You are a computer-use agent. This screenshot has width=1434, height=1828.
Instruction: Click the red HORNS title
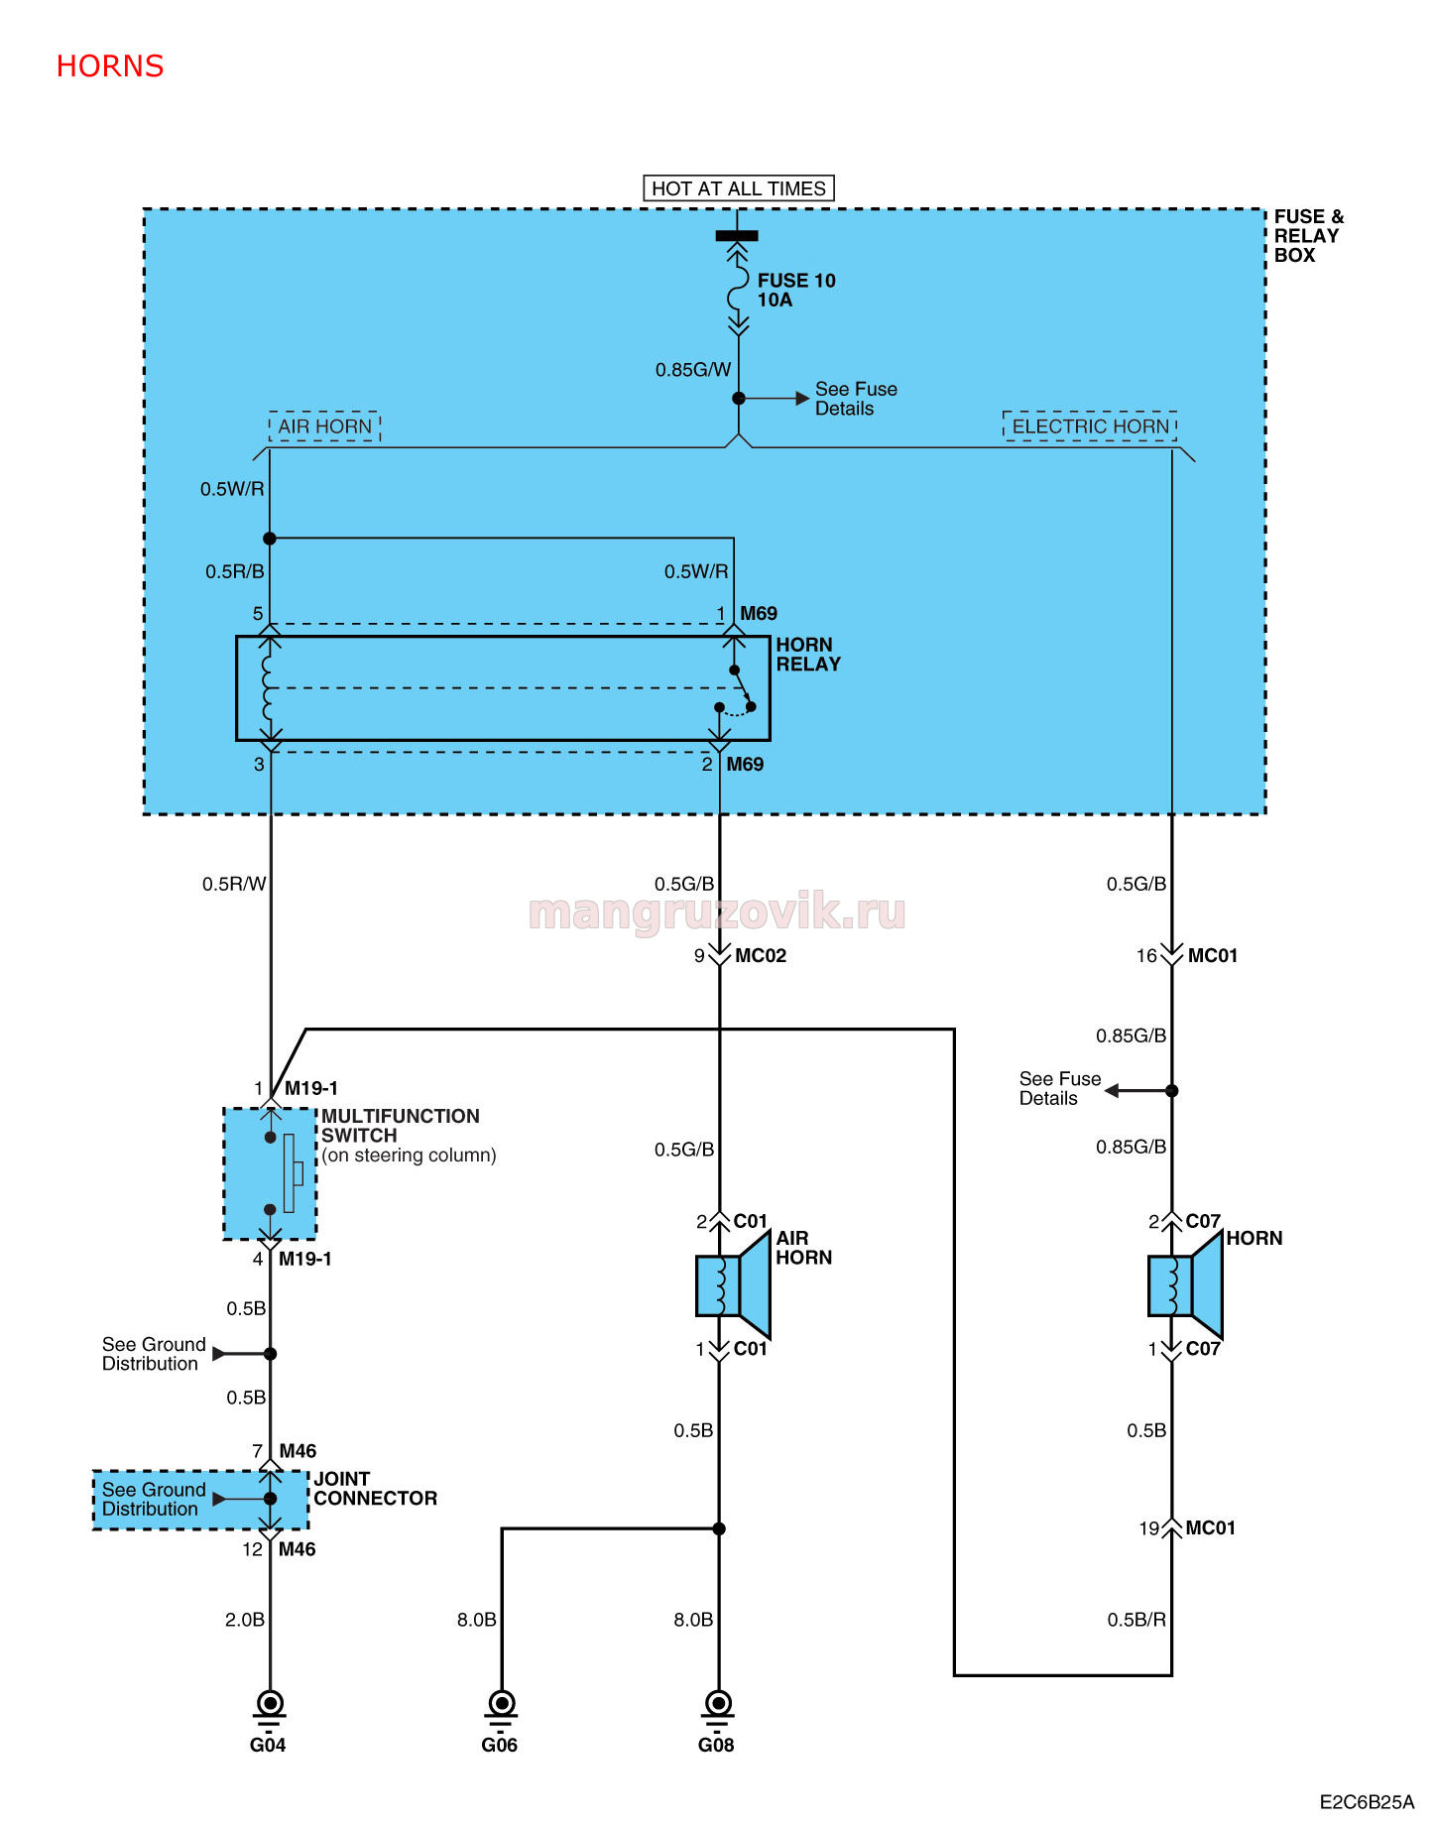tap(110, 66)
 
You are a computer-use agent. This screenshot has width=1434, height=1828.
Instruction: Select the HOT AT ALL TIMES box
tap(739, 188)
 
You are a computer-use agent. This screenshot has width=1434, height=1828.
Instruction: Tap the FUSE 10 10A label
tap(796, 291)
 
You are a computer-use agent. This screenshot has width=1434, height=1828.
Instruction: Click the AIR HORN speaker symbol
tap(734, 1285)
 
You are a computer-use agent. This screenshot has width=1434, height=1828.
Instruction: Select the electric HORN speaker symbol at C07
tap(1186, 1285)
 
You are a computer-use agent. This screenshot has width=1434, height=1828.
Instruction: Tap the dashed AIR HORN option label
tap(325, 427)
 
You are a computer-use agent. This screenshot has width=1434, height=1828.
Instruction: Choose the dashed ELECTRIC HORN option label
tap(1090, 427)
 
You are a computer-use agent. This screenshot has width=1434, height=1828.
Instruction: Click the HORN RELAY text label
tap(808, 655)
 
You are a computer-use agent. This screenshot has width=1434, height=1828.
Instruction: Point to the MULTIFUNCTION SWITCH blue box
tap(270, 1173)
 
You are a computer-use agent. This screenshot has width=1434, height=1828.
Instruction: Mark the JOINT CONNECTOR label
tap(375, 1489)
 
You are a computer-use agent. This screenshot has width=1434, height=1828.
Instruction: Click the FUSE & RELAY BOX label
tap(1309, 236)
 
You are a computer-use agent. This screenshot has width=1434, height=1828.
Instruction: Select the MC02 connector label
tap(761, 956)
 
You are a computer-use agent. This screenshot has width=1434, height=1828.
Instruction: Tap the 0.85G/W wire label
tap(693, 370)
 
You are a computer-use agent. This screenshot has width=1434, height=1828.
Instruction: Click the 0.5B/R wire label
tap(1136, 1620)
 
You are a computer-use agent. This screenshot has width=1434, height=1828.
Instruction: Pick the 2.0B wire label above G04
tap(245, 1620)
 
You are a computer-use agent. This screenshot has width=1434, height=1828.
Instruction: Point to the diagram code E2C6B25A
tap(1367, 1802)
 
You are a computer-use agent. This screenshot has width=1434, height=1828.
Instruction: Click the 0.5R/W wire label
tap(234, 884)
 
